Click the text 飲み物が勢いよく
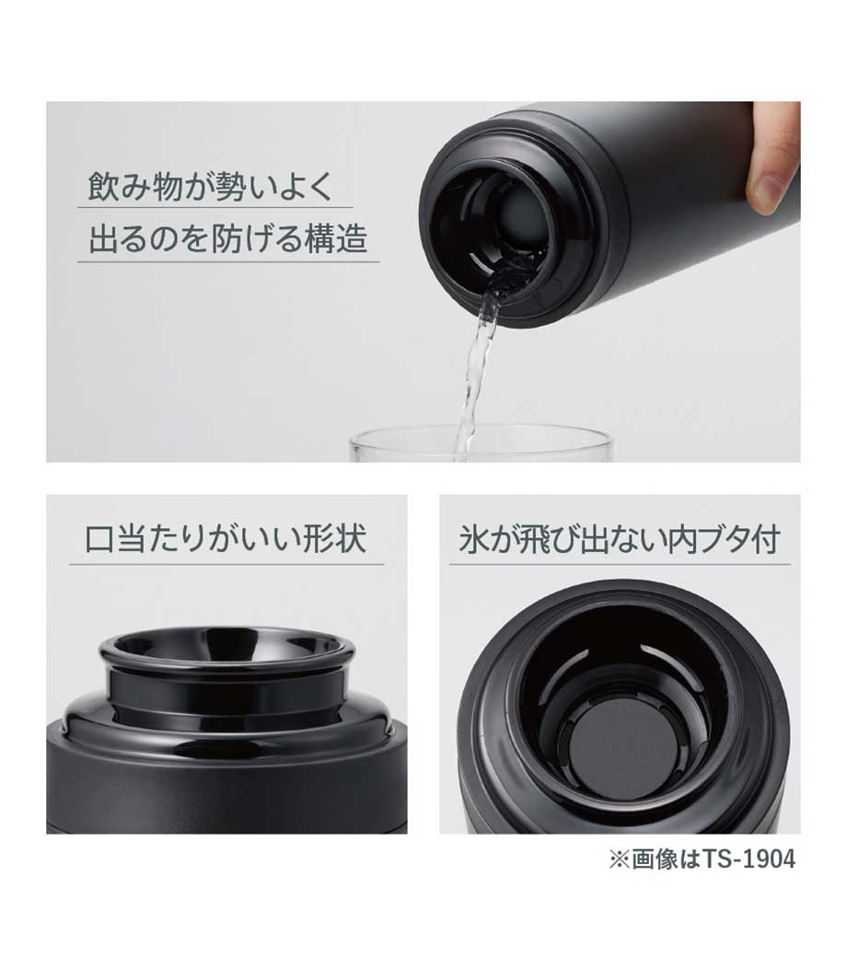click(212, 186)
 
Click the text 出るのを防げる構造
click(227, 238)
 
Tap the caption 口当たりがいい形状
click(226, 539)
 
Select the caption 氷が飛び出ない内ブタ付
click(620, 539)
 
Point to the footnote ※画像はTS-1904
click(702, 859)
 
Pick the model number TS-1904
click(749, 859)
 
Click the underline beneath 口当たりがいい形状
click(226, 565)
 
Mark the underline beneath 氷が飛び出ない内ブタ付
click(620, 565)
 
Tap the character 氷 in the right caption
click(473, 539)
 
